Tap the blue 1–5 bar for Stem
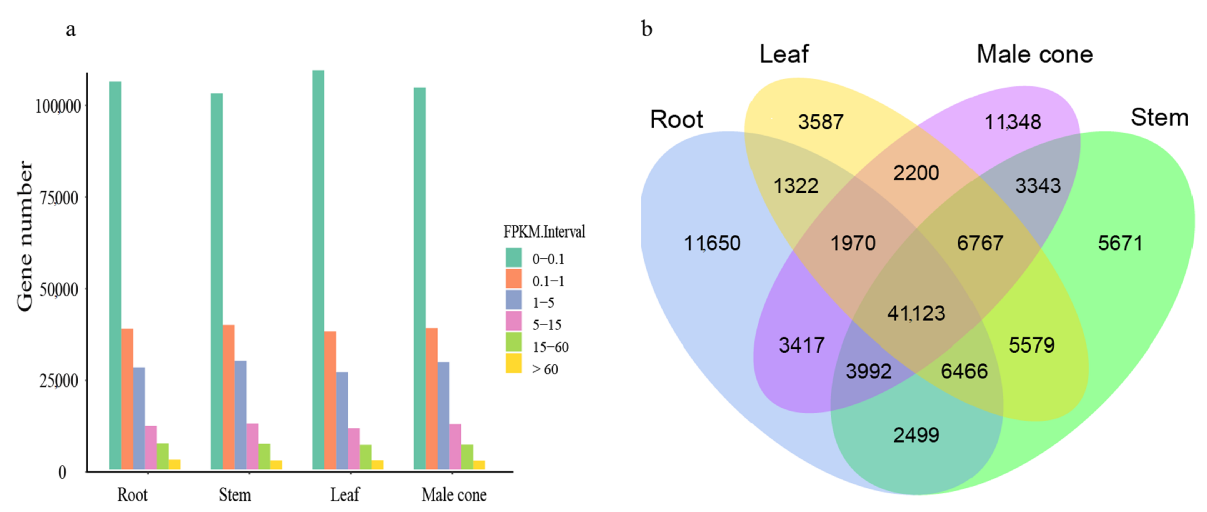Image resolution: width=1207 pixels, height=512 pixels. point(240,414)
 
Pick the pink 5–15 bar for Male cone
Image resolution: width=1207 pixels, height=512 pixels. point(455,446)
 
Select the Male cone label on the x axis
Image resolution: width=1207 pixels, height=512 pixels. point(454,495)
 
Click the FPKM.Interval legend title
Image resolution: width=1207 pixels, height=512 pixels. point(544,231)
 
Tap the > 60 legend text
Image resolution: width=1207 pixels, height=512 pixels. point(545,369)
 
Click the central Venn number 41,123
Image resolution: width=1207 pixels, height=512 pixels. point(916,313)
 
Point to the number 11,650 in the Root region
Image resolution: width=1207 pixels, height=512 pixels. point(712,243)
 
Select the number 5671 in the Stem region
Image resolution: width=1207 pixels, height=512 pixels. point(1120,243)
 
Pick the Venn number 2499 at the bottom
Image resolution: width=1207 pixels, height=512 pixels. point(916,435)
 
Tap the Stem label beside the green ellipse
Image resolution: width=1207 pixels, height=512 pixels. point(1159,117)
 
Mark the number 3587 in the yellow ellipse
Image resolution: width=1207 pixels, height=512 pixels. point(820,122)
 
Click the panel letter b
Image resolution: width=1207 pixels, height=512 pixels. point(647,29)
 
